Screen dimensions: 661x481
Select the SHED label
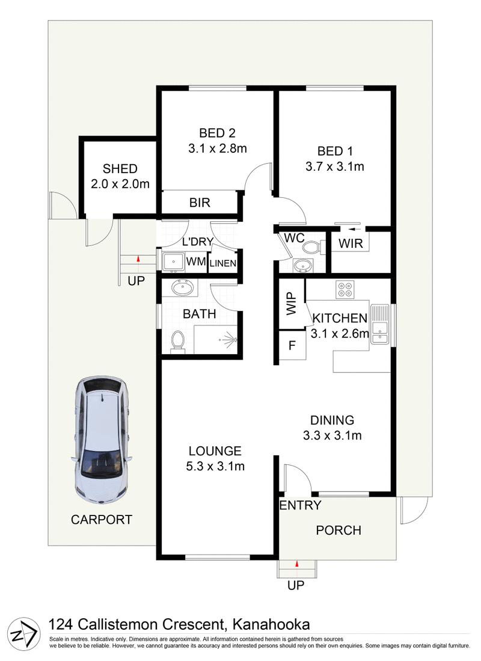coord(120,169)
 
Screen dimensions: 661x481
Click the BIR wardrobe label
coord(200,203)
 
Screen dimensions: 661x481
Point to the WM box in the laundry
coord(195,262)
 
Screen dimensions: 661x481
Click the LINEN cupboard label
coord(223,263)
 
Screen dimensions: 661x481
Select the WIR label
coord(350,244)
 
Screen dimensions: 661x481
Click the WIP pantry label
coord(292,304)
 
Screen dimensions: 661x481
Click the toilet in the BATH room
coord(177,341)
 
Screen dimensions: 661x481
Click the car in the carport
coord(102,439)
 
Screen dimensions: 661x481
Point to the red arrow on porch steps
coord(297,564)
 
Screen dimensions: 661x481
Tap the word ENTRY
coord(300,506)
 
